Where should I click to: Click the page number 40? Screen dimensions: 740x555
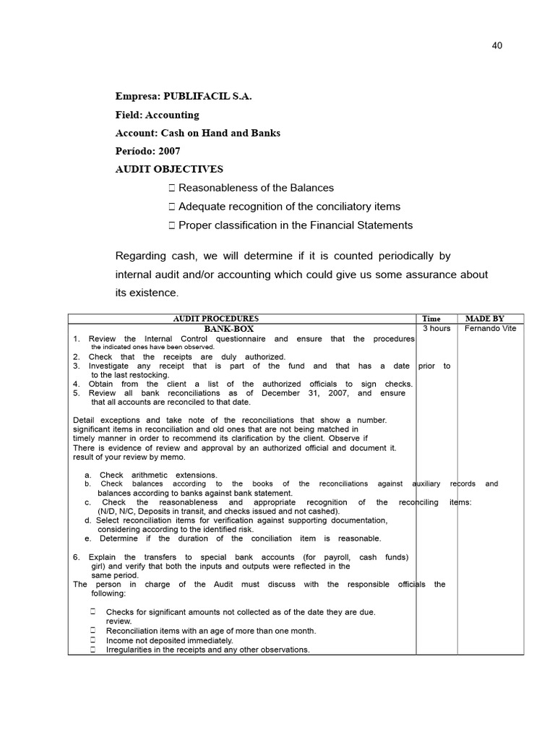coord(496,46)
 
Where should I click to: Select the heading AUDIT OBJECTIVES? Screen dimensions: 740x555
coord(170,169)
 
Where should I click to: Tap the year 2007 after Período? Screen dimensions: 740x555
coord(168,151)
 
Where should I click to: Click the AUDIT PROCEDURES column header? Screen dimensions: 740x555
coord(215,319)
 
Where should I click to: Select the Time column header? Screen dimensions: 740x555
coord(431,319)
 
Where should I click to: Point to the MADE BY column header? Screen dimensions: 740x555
coord(485,319)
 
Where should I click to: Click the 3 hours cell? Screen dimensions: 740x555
coord(436,328)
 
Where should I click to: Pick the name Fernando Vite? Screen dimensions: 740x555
coord(491,328)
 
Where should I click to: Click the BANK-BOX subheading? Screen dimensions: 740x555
coord(229,329)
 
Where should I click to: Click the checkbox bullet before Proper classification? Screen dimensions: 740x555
coord(171,225)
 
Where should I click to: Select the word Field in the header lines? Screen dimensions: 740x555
coord(127,115)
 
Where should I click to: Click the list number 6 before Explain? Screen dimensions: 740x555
coord(77,557)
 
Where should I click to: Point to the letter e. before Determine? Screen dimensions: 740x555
coord(87,538)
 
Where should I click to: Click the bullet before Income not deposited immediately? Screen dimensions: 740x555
coord(94,640)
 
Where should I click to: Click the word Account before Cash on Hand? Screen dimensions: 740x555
coord(135,133)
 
